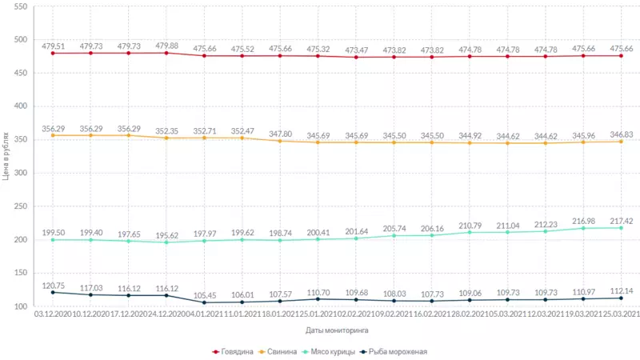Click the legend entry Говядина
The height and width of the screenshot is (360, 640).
(236, 350)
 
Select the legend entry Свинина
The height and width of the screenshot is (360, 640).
(282, 350)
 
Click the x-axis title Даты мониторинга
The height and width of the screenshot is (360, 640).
(337, 329)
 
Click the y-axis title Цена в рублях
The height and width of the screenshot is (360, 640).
(6, 156)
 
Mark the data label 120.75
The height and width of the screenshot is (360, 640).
(53, 286)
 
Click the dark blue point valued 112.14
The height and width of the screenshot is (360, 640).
(622, 298)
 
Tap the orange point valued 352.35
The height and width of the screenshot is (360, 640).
(166, 138)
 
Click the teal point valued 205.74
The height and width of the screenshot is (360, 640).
(394, 236)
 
